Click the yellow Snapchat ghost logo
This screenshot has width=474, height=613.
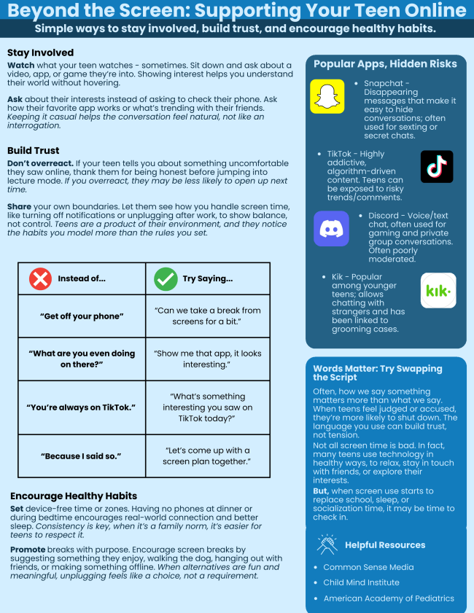click(327, 96)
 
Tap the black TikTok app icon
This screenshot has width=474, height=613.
click(437, 167)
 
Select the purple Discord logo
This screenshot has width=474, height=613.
click(331, 228)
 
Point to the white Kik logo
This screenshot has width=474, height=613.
click(438, 291)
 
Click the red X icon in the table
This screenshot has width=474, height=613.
click(40, 278)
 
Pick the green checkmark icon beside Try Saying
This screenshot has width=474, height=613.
click(166, 278)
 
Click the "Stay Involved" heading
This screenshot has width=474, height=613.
click(40, 53)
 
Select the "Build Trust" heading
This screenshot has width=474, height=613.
click(34, 149)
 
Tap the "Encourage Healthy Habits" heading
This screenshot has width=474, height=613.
click(74, 496)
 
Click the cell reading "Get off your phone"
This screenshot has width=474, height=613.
click(82, 316)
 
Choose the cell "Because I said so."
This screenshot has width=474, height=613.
click(82, 456)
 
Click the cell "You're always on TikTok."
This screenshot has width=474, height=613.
click(82, 407)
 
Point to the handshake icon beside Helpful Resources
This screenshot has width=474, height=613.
click(327, 544)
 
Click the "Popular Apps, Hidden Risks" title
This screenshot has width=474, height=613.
click(385, 64)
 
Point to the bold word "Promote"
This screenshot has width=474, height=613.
click(28, 549)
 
